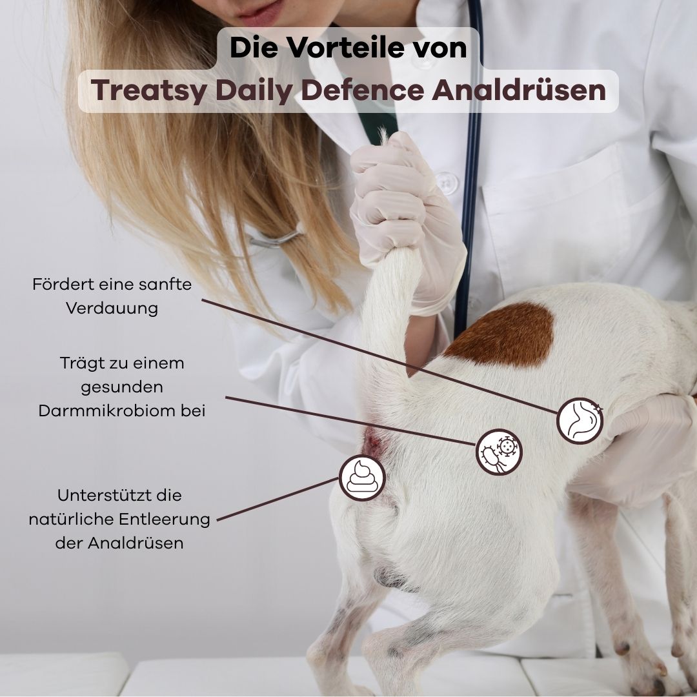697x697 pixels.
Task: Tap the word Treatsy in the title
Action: [149, 91]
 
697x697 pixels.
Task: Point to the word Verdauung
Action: [112, 308]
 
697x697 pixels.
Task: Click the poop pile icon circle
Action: [362, 478]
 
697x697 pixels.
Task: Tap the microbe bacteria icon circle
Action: [499, 452]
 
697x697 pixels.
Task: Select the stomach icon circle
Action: [580, 421]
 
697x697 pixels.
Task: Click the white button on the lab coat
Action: [446, 183]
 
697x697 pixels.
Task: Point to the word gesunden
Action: [122, 387]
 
